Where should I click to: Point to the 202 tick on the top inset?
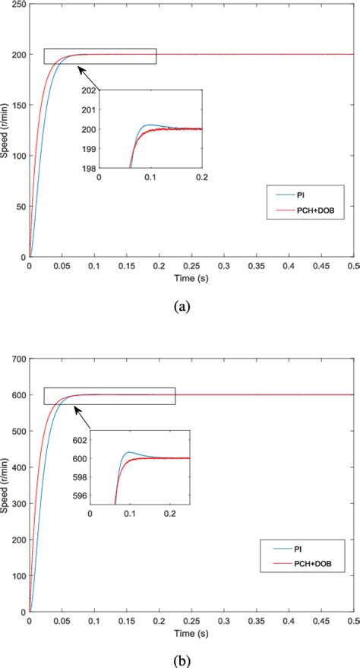pyautogui.click(x=88, y=90)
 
